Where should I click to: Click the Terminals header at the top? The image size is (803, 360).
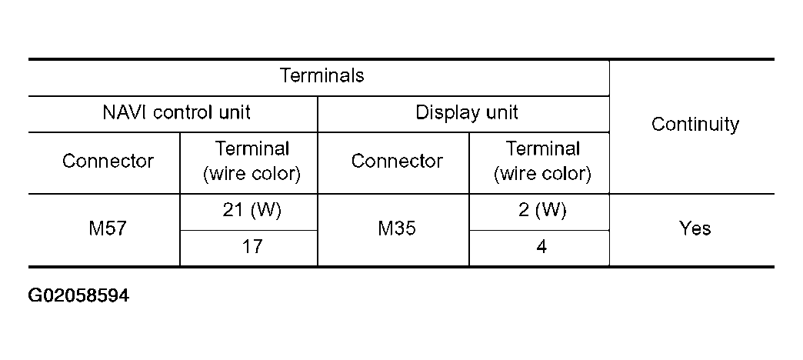(x=322, y=76)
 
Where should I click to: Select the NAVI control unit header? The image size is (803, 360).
(x=176, y=113)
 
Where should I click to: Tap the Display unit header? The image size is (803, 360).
(x=467, y=113)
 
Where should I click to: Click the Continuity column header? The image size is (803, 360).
(x=695, y=125)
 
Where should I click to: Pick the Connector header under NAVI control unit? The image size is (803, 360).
(x=108, y=162)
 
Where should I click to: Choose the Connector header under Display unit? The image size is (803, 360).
(x=397, y=162)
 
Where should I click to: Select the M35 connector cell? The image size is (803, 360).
(x=397, y=229)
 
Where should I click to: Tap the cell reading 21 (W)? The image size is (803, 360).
(x=252, y=212)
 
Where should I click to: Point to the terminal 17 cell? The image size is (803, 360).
(x=252, y=248)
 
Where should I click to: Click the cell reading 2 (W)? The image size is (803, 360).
(x=541, y=212)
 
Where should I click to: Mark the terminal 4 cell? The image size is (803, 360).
(x=541, y=248)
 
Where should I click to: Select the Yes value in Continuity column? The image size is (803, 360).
(x=695, y=229)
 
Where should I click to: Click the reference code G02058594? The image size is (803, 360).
(x=78, y=295)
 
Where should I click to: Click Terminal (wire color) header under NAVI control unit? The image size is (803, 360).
(x=252, y=162)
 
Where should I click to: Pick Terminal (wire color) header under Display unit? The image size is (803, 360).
(x=541, y=162)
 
